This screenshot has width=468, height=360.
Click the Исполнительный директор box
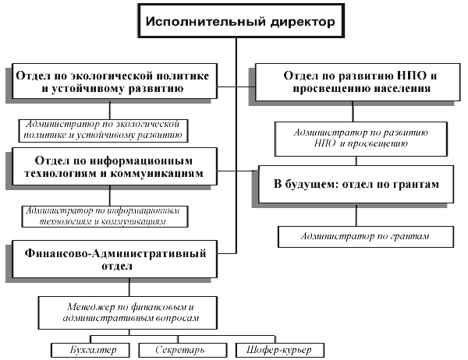(x=241, y=20)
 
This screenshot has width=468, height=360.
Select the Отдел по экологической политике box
(x=115, y=81)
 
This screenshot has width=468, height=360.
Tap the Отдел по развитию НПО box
(x=357, y=82)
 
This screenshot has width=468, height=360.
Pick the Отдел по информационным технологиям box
(x=115, y=167)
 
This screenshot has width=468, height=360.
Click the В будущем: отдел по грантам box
(x=356, y=185)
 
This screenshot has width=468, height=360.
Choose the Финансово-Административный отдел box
(x=115, y=259)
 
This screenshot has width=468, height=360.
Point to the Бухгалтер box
(x=90, y=350)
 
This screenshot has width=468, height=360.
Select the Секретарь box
(x=183, y=350)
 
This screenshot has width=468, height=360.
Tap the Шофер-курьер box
(x=280, y=350)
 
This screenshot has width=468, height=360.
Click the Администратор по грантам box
(x=366, y=237)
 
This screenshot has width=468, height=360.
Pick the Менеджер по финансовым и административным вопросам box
(x=128, y=312)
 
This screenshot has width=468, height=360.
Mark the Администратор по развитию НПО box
(x=361, y=139)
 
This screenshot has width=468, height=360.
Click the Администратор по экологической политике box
(x=103, y=131)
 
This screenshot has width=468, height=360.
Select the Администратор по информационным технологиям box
(x=105, y=217)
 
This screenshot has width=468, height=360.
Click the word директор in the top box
(x=303, y=22)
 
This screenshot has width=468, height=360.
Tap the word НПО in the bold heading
(x=410, y=76)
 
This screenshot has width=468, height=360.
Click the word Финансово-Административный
(x=115, y=253)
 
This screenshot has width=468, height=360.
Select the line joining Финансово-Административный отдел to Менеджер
(x=129, y=288)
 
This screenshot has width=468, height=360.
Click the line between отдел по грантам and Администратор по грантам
(x=356, y=215)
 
